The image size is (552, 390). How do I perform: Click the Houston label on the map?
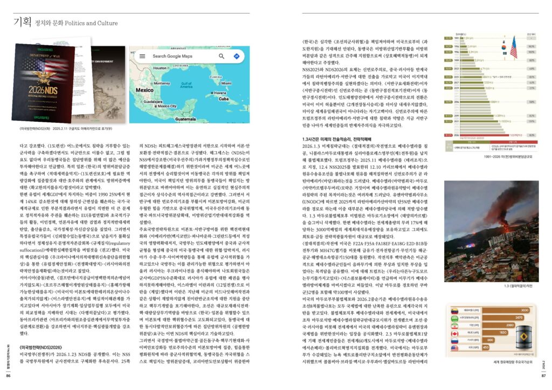click(x=160, y=68)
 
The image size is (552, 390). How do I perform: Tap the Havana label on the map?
click(x=219, y=93)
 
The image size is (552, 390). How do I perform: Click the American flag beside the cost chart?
click(x=513, y=47)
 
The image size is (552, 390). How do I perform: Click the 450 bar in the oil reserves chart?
click(x=477, y=347)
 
